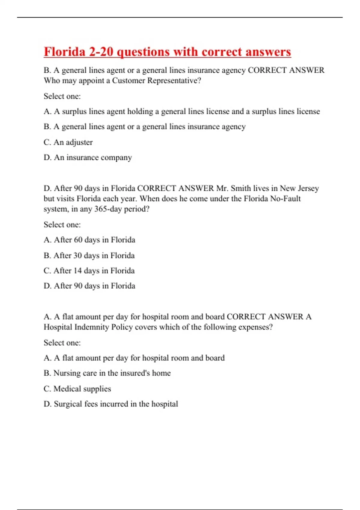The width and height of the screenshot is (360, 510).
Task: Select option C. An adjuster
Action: point(68,142)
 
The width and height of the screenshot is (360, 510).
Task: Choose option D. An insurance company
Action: point(88,157)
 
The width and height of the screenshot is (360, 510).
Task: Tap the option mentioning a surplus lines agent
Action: point(181,112)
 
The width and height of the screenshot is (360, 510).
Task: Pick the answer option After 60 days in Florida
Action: point(89,240)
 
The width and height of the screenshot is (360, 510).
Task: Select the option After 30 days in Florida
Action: point(89,256)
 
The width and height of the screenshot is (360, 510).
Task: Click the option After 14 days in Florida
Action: point(89,271)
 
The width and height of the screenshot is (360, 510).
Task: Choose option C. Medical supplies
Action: point(77,389)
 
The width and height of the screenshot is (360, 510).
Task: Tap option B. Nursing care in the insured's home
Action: point(107,373)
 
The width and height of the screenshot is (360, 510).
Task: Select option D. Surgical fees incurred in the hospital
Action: point(111,404)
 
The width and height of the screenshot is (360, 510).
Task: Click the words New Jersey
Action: point(299,188)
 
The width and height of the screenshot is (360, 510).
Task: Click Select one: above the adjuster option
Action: point(62,96)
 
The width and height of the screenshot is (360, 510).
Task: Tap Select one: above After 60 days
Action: point(62,225)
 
